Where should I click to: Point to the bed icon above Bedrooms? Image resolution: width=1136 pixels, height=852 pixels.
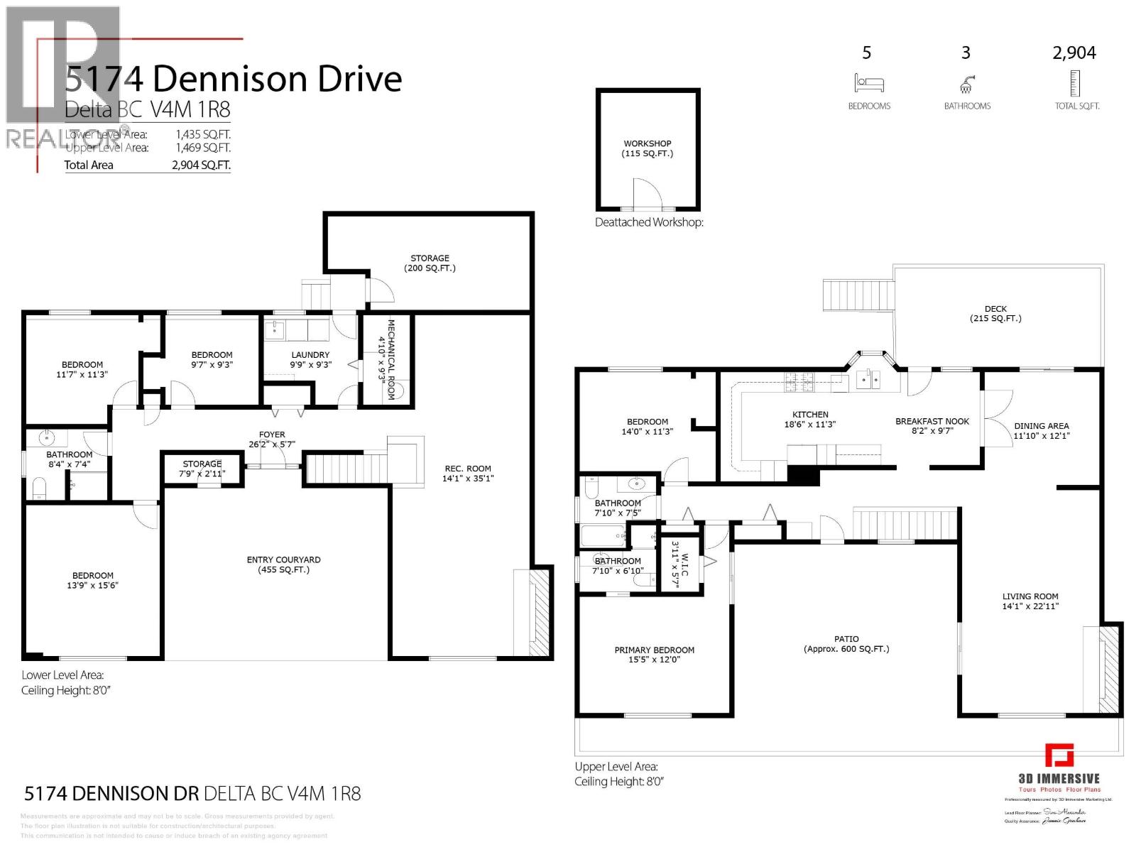click(868, 84)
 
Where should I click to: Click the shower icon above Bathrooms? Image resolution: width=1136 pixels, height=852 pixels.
click(966, 85)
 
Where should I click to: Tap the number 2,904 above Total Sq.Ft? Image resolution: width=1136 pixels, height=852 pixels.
click(1074, 53)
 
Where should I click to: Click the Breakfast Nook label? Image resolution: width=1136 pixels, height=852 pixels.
click(932, 421)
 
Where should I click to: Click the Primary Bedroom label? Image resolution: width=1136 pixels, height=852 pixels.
click(654, 650)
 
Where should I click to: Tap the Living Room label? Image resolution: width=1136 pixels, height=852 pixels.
click(1029, 596)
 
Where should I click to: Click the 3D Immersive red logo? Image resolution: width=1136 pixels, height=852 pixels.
click(1059, 755)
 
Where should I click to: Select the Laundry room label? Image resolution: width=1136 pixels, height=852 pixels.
click(310, 355)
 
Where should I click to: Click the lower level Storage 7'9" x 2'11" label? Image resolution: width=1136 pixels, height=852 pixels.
click(202, 464)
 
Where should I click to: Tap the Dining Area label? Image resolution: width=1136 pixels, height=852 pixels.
click(1041, 426)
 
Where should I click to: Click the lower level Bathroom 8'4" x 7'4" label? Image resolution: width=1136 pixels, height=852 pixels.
click(69, 454)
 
